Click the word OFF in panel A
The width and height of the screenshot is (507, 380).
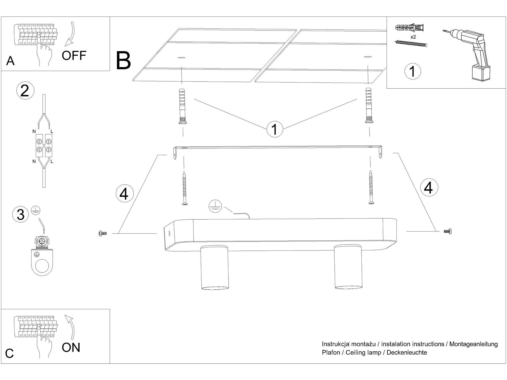[x=74, y=55]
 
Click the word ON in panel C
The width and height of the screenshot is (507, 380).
[x=71, y=347]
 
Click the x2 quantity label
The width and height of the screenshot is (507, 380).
[x=413, y=37]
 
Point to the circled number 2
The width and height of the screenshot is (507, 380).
[x=25, y=90]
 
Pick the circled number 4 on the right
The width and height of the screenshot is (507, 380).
[x=429, y=187]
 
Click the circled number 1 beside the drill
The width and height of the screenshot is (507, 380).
[x=413, y=71]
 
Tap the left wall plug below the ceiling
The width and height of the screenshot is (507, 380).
[x=183, y=106]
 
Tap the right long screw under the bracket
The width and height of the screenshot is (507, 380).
[x=371, y=187]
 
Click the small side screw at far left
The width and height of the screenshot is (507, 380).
[x=102, y=233]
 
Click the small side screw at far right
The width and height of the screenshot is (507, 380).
[x=448, y=231]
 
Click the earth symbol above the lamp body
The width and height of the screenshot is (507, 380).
[x=215, y=206]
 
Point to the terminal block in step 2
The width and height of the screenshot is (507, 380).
[x=44, y=146]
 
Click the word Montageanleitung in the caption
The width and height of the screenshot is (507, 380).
[x=474, y=344]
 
